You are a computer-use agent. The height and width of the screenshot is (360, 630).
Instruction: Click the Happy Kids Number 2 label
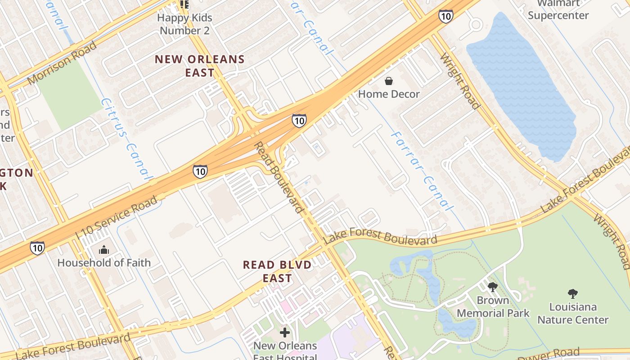click(184, 24)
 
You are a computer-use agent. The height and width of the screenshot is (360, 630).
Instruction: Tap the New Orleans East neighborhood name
click(200, 66)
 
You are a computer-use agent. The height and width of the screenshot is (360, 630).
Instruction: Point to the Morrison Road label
click(62, 63)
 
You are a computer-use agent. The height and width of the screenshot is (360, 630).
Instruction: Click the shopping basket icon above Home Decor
click(388, 81)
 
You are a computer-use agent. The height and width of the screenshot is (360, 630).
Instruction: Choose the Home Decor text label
click(389, 94)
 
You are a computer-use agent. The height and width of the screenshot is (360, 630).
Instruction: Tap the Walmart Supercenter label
click(558, 9)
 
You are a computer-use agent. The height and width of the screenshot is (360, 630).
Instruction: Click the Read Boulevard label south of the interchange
click(279, 177)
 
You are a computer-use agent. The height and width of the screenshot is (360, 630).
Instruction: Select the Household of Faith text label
click(104, 262)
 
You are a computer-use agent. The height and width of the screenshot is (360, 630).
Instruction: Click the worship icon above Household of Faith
click(104, 250)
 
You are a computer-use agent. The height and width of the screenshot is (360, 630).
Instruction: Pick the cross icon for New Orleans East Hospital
click(285, 333)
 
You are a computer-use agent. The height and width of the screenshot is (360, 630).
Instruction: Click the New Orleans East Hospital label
click(285, 351)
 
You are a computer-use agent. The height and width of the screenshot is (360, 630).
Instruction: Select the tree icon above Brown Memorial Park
click(493, 287)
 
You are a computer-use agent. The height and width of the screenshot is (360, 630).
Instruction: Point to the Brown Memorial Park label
click(493, 306)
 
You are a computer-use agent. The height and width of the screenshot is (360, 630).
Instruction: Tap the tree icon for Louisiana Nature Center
click(573, 294)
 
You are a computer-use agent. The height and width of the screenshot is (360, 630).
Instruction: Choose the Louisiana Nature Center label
click(573, 313)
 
